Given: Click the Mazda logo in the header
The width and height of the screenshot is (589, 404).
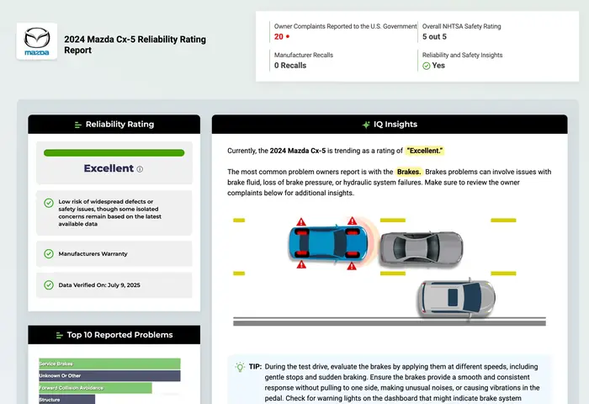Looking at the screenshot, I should (37, 40).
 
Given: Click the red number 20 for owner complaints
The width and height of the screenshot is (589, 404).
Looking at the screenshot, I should (279, 37).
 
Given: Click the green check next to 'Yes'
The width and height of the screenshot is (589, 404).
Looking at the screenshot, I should (426, 66).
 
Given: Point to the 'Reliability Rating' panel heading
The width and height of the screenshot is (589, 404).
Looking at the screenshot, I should (114, 125).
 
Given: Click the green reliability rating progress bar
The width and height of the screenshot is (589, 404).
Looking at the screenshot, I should (114, 153).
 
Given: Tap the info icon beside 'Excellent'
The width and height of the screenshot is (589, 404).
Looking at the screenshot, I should (140, 169).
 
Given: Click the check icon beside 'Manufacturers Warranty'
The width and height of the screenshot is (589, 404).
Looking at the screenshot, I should (49, 253).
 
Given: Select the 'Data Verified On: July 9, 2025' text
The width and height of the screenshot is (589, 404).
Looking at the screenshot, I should (99, 285).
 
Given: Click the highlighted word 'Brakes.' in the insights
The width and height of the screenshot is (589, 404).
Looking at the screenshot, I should (409, 172).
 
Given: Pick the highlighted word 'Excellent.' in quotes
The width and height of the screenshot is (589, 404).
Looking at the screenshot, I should (425, 151).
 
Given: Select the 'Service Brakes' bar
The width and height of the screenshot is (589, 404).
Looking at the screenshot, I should (109, 364).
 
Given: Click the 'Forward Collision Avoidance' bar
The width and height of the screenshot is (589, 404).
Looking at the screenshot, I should (95, 388).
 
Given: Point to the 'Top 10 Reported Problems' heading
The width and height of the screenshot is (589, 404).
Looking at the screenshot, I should (114, 335).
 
